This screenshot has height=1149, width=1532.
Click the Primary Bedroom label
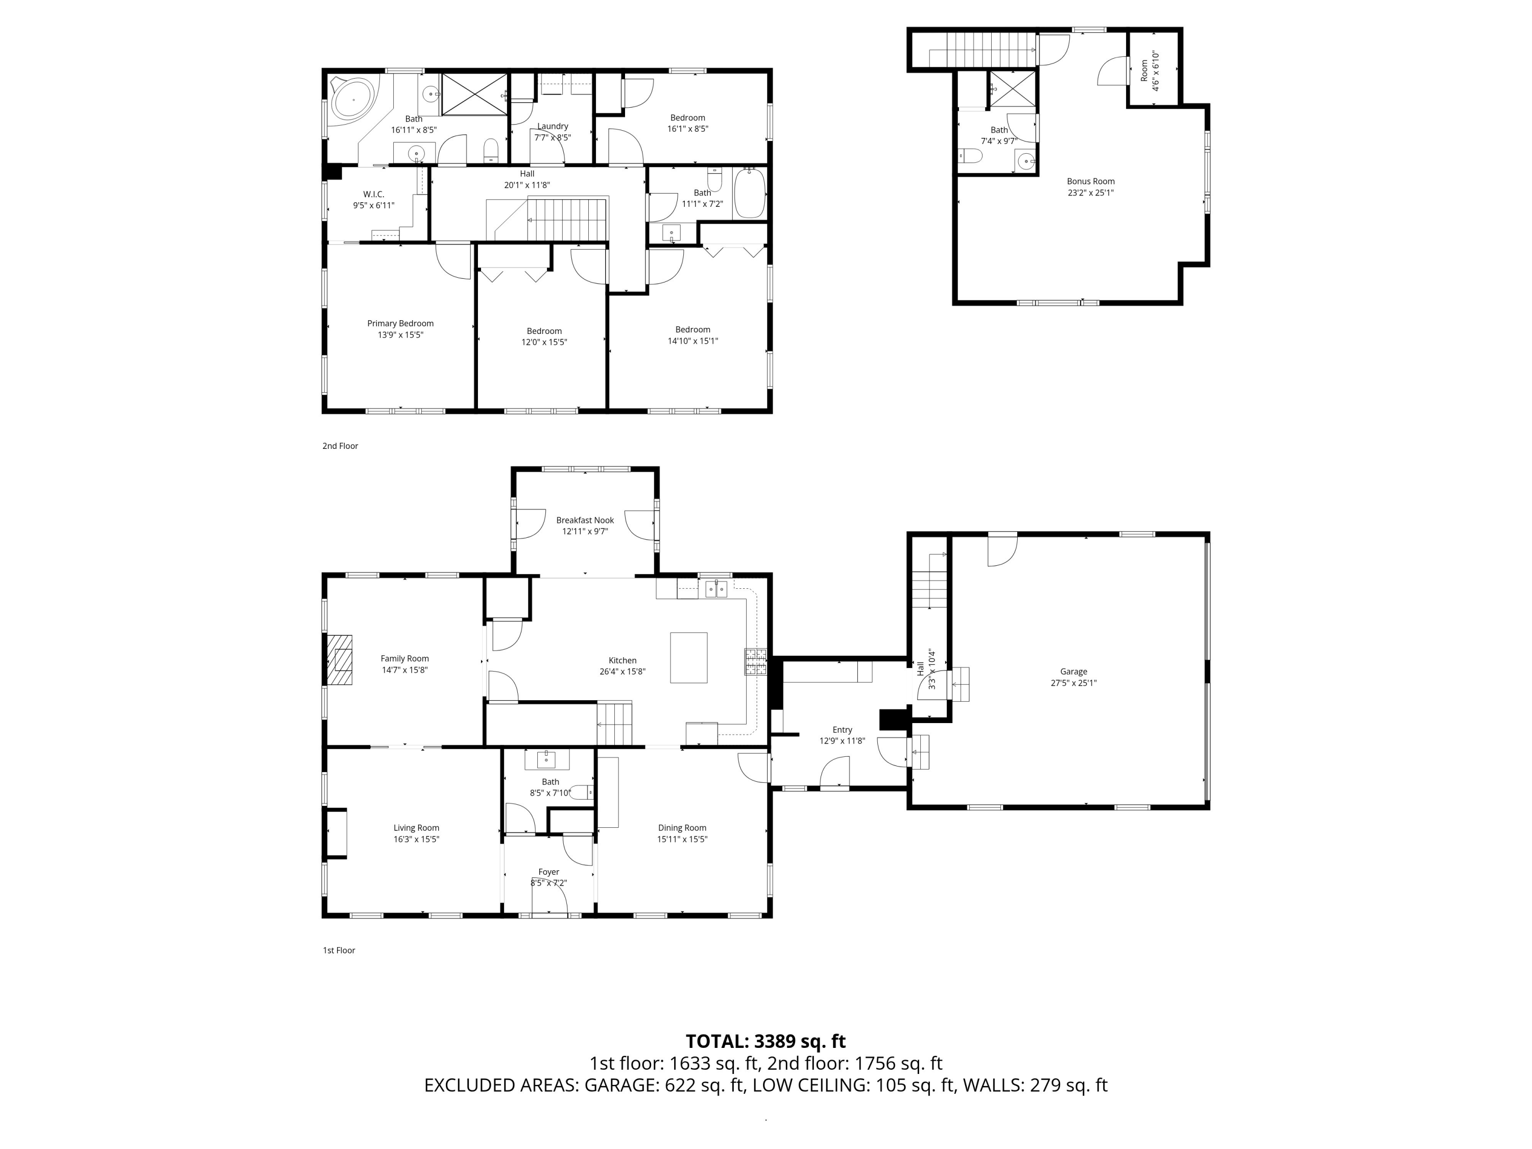point(400,323)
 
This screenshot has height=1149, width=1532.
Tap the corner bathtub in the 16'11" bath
point(353,99)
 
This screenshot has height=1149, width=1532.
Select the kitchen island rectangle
point(688,657)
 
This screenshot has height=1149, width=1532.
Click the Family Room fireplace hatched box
point(340,660)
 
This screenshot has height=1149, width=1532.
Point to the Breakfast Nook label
point(585,520)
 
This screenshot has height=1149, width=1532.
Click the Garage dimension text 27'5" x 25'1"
point(1073,683)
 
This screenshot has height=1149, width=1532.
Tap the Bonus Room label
point(1091,181)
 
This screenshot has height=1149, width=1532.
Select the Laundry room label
point(553,126)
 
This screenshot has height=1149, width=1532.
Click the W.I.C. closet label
point(374,195)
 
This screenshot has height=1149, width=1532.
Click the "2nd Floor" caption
point(340,446)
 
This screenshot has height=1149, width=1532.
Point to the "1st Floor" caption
point(339,950)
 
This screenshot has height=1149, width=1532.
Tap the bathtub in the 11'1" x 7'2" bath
point(749,193)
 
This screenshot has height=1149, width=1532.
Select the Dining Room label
point(682,828)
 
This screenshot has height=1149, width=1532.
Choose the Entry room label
point(842,730)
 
